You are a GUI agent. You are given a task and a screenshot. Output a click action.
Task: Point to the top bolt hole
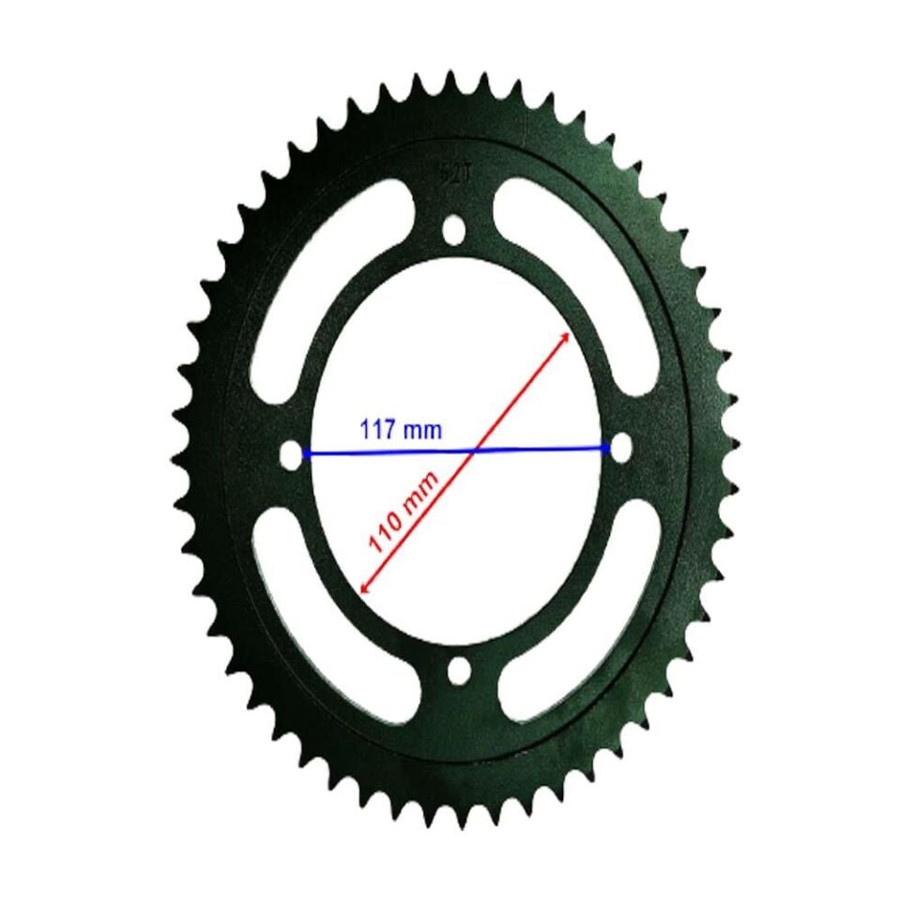pyautogui.click(x=454, y=228)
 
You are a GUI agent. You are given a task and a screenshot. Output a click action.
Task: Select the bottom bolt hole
pyautogui.click(x=459, y=670)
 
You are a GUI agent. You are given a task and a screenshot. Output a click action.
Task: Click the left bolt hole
pyautogui.click(x=291, y=454)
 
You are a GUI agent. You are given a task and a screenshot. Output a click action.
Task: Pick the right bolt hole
pyautogui.click(x=620, y=447)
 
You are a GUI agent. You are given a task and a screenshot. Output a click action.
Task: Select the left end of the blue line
pyautogui.click(x=305, y=454)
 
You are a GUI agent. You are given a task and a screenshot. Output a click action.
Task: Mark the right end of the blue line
pyautogui.click(x=608, y=448)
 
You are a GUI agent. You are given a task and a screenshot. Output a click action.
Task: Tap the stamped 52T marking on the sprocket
pyautogui.click(x=453, y=173)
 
